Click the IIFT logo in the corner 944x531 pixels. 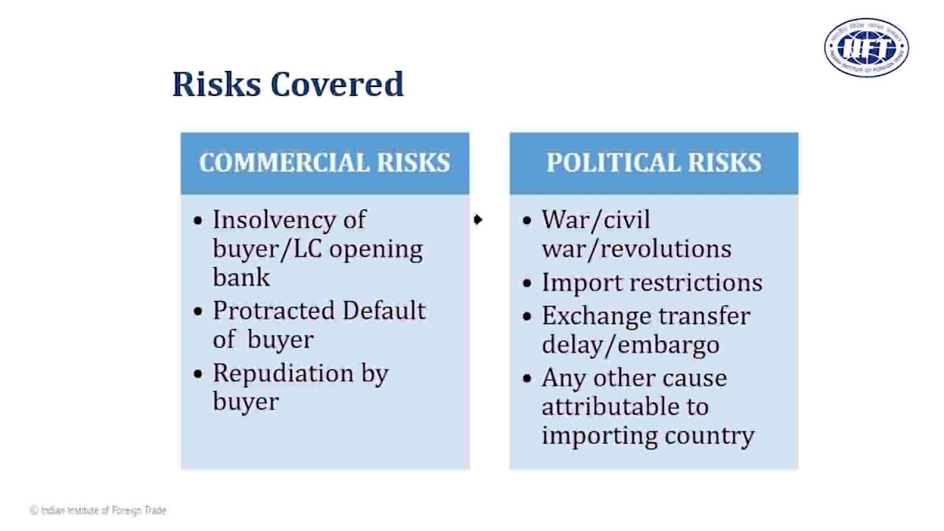[866, 48]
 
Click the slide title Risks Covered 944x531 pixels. [288, 84]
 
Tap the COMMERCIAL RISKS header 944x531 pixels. [324, 163]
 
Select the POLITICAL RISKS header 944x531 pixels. [653, 163]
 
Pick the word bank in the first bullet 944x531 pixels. [241, 277]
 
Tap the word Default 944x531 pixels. [383, 310]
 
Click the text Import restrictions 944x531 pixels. [652, 282]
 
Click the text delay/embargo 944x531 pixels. [630, 344]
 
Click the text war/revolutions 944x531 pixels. [636, 249]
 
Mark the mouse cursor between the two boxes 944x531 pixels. [478, 219]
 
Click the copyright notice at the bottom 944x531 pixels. [98, 510]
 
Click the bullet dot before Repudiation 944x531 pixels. [198, 374]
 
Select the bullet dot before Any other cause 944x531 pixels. [527, 378]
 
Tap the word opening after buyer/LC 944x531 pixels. [375, 249]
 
